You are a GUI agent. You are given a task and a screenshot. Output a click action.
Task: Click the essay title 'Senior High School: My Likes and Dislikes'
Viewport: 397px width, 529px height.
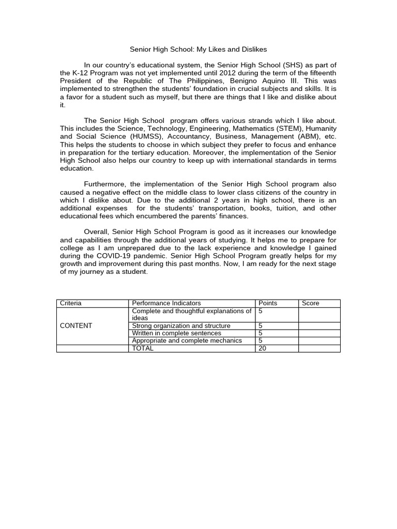198,49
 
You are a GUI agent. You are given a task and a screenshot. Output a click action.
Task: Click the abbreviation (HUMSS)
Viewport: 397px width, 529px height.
147,136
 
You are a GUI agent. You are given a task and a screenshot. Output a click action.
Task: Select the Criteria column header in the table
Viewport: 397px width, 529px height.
71,303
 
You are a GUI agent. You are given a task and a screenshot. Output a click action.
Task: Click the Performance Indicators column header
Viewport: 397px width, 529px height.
166,303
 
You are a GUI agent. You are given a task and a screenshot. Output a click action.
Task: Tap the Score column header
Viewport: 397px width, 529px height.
311,303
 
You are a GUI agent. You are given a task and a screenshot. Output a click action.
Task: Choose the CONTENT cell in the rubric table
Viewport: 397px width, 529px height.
76,326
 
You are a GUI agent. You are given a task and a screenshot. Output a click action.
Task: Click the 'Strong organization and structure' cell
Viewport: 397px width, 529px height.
181,326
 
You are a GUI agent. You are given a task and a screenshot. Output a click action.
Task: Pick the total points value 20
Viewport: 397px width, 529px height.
262,348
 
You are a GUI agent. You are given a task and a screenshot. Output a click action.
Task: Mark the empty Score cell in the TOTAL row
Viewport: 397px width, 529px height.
319,348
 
